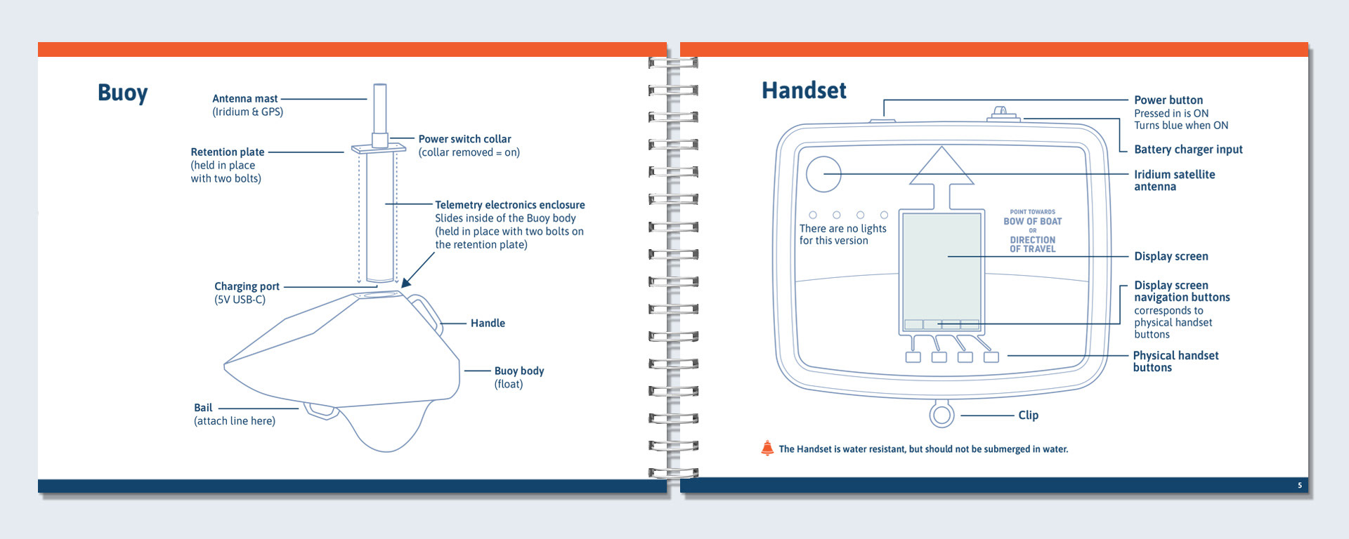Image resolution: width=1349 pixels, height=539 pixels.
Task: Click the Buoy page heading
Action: pos(123,93)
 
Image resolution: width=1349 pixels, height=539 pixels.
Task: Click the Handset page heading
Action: pos(804,91)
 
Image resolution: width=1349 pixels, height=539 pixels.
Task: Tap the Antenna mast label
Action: pos(245,99)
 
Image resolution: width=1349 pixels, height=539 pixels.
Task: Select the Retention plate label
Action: pos(228,152)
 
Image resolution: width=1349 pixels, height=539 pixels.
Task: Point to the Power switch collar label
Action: pos(464,139)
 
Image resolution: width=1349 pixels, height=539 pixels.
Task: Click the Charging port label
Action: pos(247,286)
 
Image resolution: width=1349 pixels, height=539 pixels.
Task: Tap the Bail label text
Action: pos(203,408)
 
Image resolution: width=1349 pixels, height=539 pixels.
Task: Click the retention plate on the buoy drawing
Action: pos(379,149)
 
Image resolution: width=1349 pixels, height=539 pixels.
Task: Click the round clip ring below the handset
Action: pos(941,415)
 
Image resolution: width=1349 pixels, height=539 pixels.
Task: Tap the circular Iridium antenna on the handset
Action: pos(823,174)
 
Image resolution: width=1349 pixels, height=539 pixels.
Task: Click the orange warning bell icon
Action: pos(767,448)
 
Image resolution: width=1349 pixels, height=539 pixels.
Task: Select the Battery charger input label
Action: pos(1188,149)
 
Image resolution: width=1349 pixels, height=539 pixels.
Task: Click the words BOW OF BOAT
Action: pos(1032,222)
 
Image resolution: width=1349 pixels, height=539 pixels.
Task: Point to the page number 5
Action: pos(1300,486)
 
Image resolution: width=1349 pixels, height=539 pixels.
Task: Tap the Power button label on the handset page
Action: pos(1168,100)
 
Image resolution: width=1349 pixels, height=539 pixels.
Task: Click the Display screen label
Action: pos(1171,257)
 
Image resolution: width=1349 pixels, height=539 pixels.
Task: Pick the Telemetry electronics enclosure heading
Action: pos(509,205)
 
